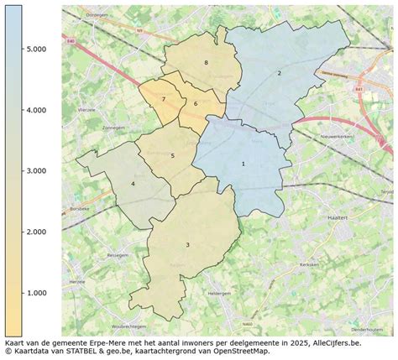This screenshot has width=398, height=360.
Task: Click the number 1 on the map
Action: [244, 164]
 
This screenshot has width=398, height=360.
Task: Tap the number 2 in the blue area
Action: [279, 73]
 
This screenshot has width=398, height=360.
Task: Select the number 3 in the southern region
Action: [187, 244]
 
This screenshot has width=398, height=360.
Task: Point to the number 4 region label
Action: [133, 184]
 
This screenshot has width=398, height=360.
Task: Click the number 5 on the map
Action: [172, 155]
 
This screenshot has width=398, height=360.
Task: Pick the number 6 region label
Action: [195, 103]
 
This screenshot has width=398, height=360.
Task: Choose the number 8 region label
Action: [205, 63]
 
